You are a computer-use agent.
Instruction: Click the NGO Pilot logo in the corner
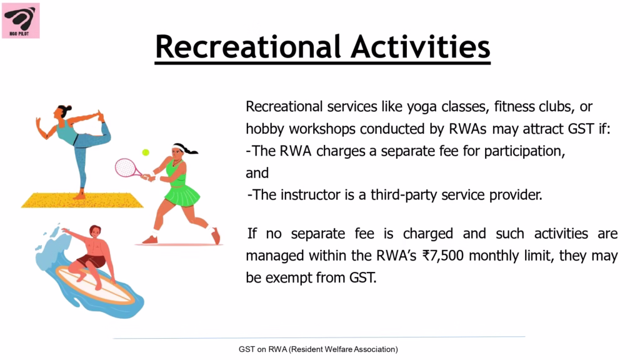21,21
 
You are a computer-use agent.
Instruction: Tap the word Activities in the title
421,46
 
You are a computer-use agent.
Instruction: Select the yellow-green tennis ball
146,152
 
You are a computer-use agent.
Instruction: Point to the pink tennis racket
127,167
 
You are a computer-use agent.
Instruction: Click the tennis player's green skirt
182,195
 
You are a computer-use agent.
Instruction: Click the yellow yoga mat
82,201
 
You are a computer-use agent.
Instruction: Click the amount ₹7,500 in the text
443,256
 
